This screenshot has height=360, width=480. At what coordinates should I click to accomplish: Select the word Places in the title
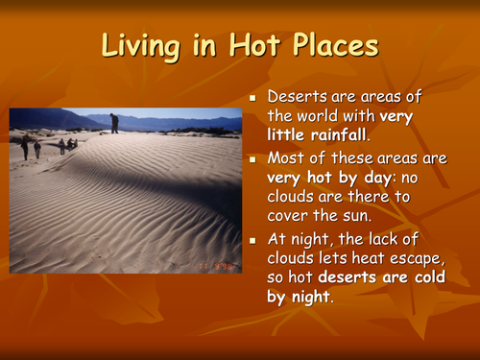pyautogui.click(x=331, y=46)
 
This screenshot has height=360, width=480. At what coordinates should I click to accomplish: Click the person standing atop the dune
pyautogui.click(x=114, y=123)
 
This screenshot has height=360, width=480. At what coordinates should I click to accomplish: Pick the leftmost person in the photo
pyautogui.click(x=25, y=146)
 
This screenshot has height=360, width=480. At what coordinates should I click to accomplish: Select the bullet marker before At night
pyautogui.click(x=253, y=238)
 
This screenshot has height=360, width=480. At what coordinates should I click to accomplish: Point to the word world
pyautogui.click(x=323, y=117)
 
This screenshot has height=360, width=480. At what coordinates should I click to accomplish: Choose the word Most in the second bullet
pyautogui.click(x=285, y=158)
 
